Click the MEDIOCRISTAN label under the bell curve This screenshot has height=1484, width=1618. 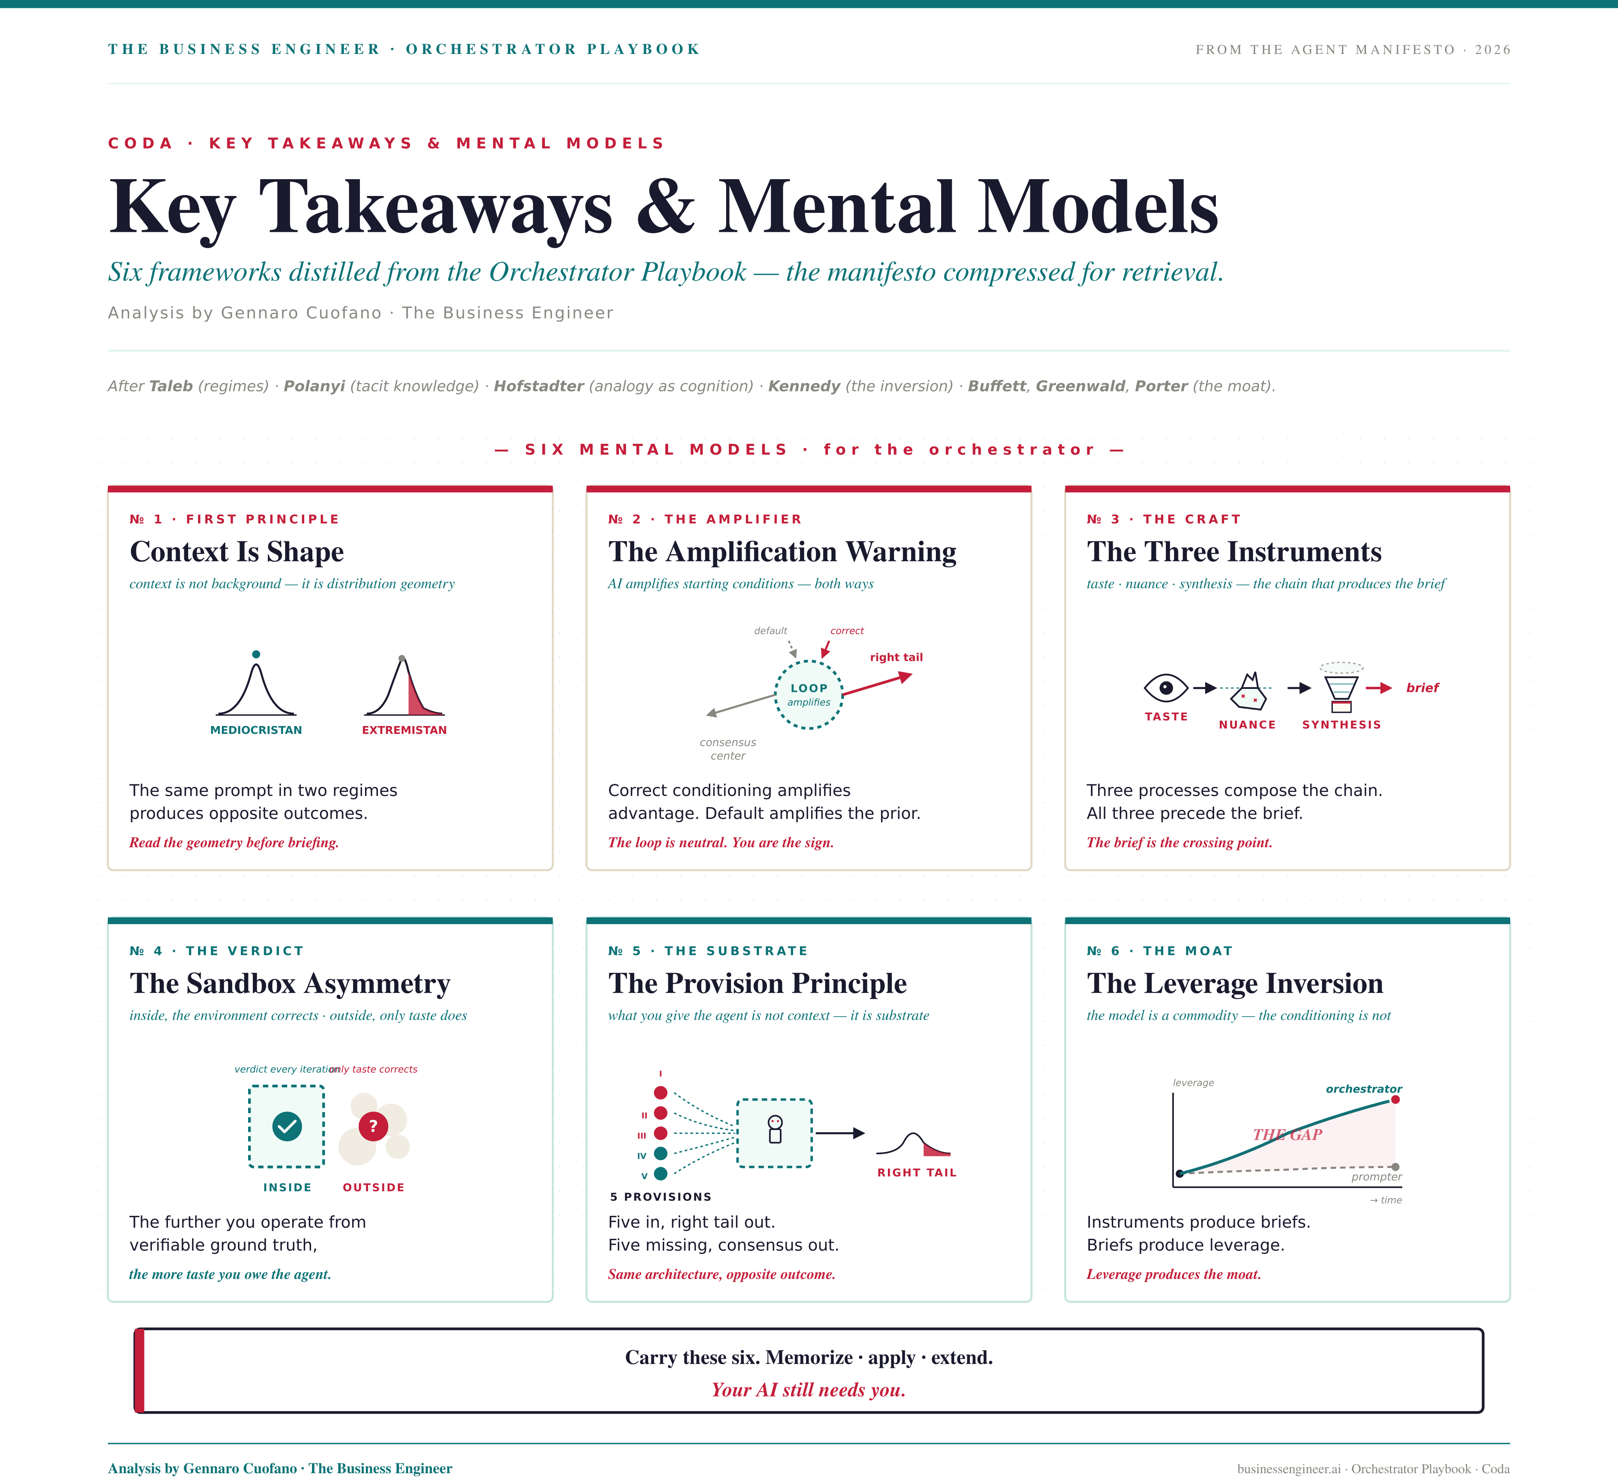[x=256, y=730]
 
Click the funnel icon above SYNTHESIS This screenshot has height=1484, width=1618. [x=1341, y=689]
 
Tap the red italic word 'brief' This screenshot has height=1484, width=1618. [x=1422, y=687]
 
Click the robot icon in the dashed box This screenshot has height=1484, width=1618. [x=774, y=1129]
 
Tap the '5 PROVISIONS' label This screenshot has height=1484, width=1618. [x=661, y=1197]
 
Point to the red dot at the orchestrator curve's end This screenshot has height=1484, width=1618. [x=1396, y=1099]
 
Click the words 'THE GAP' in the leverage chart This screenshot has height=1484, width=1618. [x=1287, y=1135]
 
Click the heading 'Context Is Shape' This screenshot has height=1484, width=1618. [x=237, y=552]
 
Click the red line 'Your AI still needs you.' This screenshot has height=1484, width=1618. [x=808, y=1390]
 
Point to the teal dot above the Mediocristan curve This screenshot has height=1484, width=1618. [x=256, y=654]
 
